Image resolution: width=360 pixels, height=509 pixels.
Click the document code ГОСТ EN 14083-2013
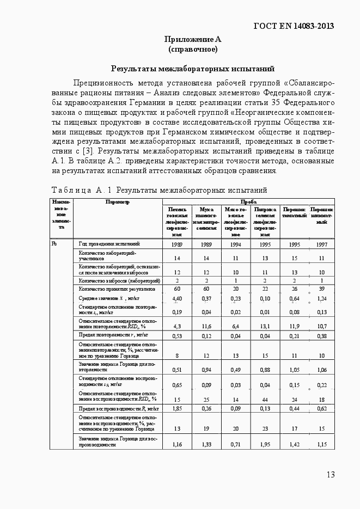pyautogui.click(x=294, y=26)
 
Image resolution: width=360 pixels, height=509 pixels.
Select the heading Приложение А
pyautogui.click(x=193, y=39)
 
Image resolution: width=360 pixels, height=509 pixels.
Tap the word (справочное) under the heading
pyautogui.click(x=193, y=50)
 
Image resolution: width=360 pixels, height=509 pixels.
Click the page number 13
pyautogui.click(x=331, y=475)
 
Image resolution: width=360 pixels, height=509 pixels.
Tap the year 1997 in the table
pyautogui.click(x=321, y=245)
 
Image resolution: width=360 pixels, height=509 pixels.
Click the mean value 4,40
pyautogui.click(x=176, y=299)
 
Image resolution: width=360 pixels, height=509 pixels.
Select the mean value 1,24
pyautogui.click(x=321, y=299)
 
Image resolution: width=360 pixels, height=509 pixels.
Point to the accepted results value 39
pyautogui.click(x=321, y=289)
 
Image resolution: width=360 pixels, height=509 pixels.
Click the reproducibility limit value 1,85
pyautogui.click(x=176, y=408)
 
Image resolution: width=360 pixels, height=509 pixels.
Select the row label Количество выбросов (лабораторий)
pyautogui.click(x=119, y=280)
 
